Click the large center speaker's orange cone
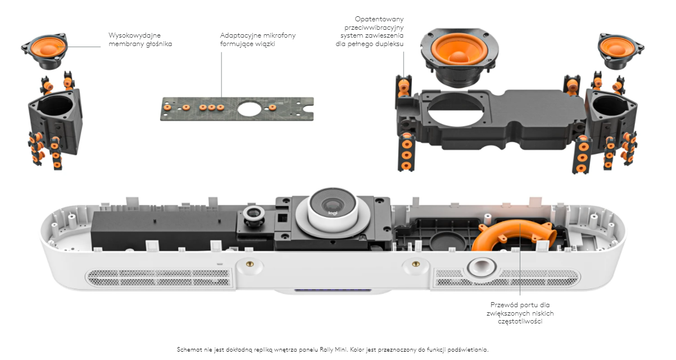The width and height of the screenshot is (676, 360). coord(458,54)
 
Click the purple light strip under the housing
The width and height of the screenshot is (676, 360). coord(332,291)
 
